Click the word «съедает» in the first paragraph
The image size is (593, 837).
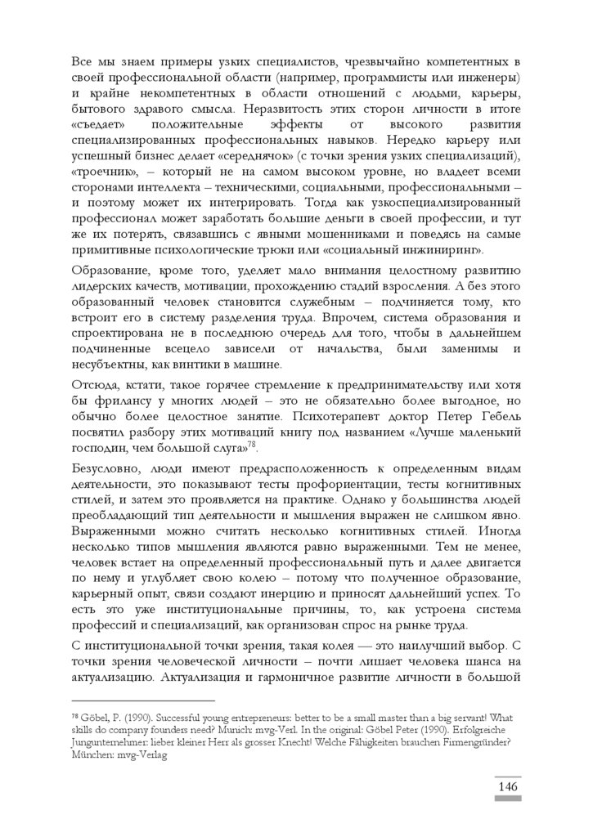99,127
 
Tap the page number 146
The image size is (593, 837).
507,786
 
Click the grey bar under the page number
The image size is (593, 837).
507,799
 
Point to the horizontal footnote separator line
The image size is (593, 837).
143,700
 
